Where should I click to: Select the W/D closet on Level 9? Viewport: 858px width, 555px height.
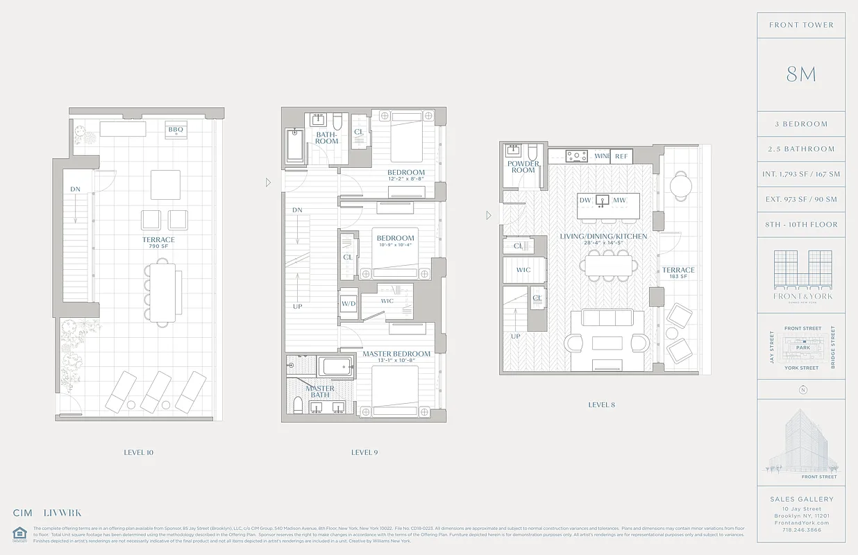click(x=348, y=304)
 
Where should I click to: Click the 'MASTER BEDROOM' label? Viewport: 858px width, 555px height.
click(x=396, y=354)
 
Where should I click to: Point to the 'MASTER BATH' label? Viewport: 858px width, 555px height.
click(x=320, y=392)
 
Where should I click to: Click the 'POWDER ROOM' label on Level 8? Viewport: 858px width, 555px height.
click(x=523, y=167)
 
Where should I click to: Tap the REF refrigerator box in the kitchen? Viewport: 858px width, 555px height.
click(x=621, y=157)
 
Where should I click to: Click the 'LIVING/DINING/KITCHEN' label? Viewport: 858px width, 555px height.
click(x=603, y=237)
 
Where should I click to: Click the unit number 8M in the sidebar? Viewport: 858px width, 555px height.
click(x=801, y=75)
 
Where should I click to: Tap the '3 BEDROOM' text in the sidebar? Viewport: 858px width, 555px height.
click(x=801, y=124)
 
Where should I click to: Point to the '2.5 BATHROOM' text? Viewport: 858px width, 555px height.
click(x=801, y=149)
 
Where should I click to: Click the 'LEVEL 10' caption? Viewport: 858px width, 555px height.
click(x=138, y=452)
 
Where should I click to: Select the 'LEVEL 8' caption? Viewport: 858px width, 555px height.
click(x=601, y=404)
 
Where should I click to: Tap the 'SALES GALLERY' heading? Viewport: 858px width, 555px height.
click(x=801, y=499)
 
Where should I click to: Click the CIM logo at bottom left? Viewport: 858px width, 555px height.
click(x=22, y=513)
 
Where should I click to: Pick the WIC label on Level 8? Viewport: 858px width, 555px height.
click(x=523, y=270)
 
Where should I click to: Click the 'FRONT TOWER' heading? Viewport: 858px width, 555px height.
click(x=801, y=25)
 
